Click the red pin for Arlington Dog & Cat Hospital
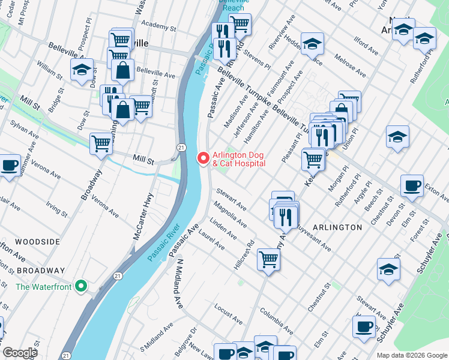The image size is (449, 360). point(203,158)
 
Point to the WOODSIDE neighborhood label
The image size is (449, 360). point(37,241)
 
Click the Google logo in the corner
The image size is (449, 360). point(20,353)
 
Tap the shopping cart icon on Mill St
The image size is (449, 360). point(101,144)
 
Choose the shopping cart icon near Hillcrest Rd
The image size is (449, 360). point(268,259)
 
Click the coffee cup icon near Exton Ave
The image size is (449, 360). point(412,186)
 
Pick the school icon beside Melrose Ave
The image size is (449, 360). point(312,44)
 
